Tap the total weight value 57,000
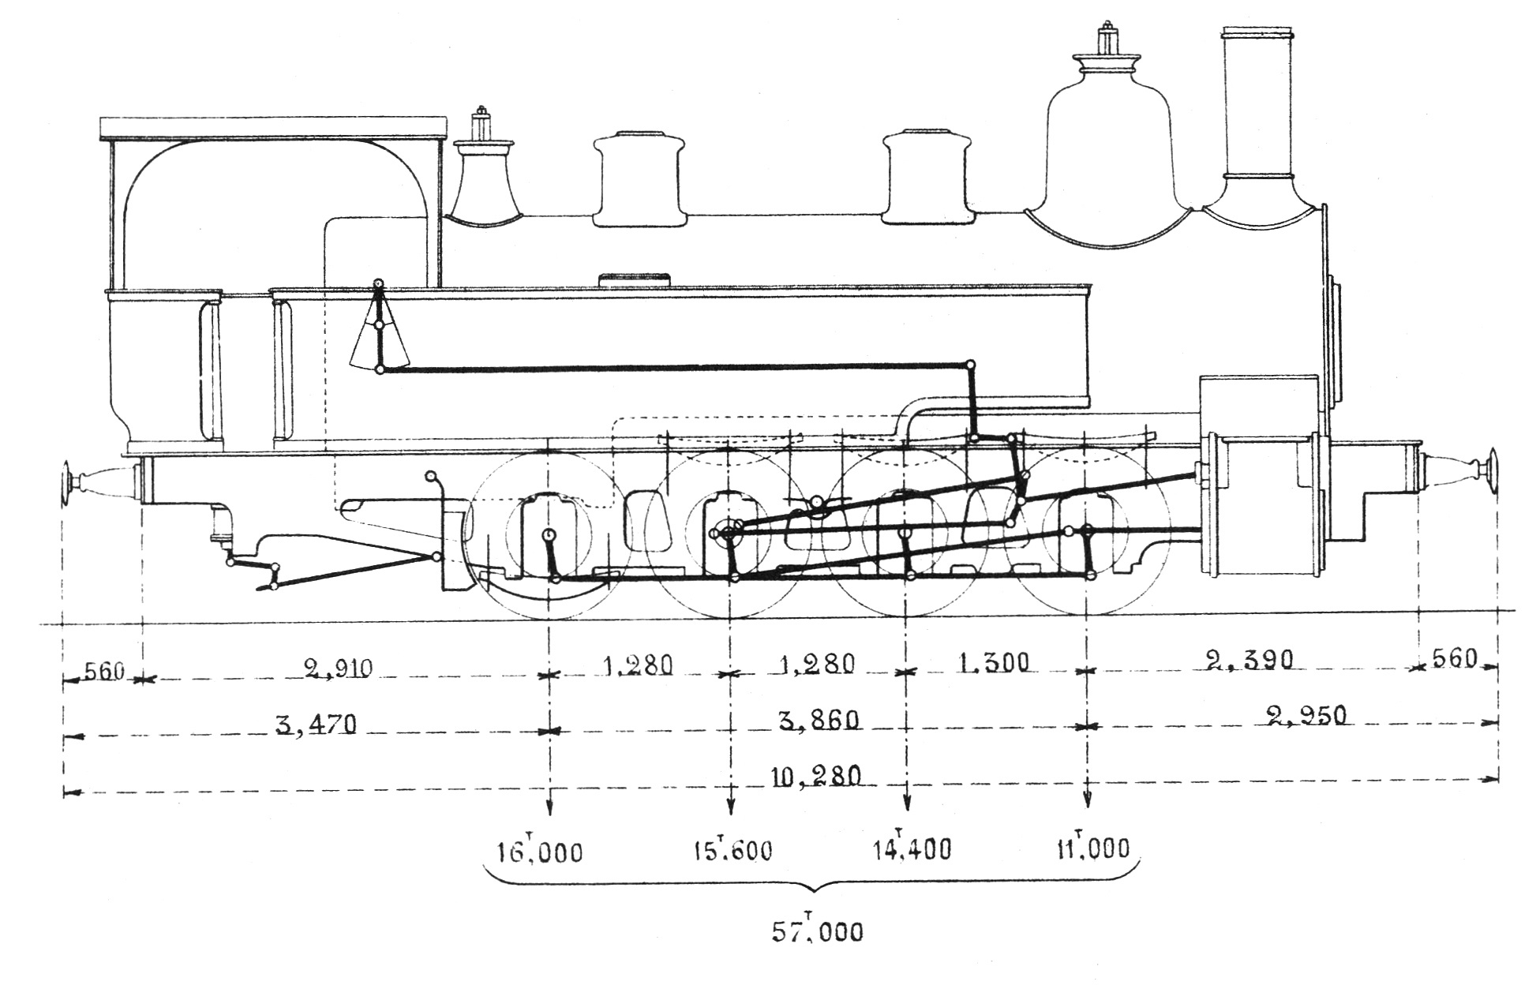tap(817, 932)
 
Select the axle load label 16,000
tap(540, 852)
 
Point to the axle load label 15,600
tap(732, 850)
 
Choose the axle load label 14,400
tap(912, 848)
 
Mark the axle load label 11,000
tap(1092, 848)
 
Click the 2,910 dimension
tap(338, 669)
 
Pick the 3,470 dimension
tap(316, 724)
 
